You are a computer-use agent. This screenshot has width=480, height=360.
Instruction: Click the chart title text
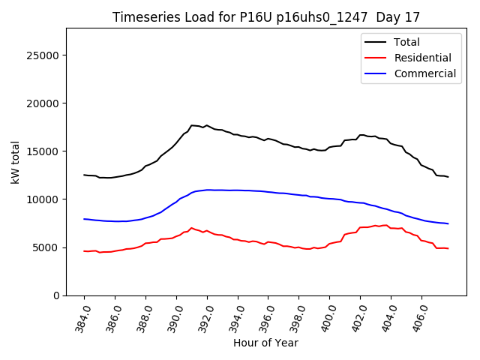[x=266, y=17]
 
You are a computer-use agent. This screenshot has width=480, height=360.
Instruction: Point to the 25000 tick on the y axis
[x=44, y=55]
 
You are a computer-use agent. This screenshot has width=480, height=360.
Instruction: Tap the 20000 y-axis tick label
[x=44, y=103]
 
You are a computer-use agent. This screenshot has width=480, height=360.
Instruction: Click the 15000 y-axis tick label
[x=44, y=151]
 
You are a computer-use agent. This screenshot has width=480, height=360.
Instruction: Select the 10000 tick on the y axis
[x=44, y=199]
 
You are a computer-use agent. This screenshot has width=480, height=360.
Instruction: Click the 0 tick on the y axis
[x=56, y=295]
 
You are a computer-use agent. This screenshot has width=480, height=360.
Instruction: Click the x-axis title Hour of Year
[x=265, y=343]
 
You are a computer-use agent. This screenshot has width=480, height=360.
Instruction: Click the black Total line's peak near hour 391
[x=192, y=125]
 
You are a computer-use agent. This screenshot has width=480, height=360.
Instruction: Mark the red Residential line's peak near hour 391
[x=191, y=227]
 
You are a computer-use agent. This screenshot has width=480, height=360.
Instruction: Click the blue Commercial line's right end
[x=448, y=223]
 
